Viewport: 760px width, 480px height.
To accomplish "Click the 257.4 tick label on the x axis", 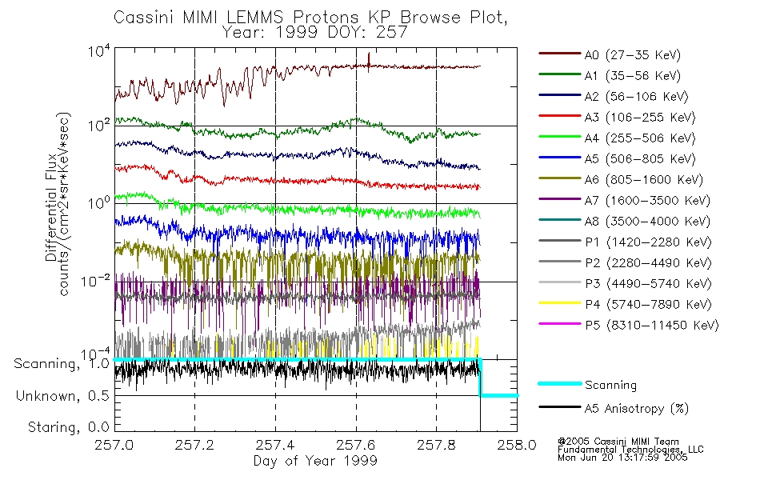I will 275,446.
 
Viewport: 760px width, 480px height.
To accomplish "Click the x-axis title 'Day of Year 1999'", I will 315,461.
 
